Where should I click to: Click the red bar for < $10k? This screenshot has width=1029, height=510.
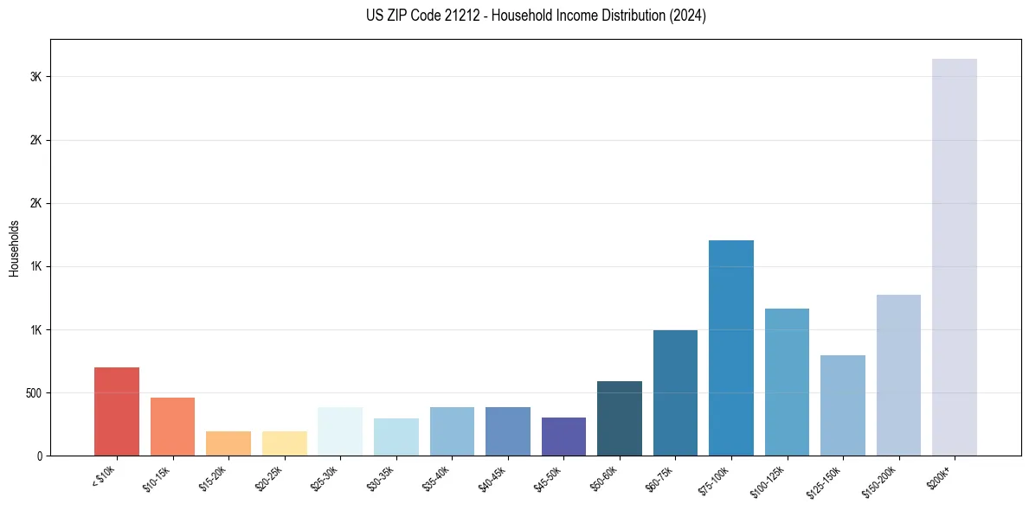click(116, 411)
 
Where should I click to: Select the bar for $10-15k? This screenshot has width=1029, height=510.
click(172, 426)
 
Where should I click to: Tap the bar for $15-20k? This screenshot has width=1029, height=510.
click(228, 443)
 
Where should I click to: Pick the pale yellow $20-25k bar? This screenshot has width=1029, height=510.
click(284, 443)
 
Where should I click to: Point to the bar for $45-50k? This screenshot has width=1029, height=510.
click(563, 437)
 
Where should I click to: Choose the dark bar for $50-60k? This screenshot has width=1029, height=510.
click(619, 418)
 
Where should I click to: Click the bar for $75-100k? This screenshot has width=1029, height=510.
click(730, 347)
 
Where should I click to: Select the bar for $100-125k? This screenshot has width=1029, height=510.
click(787, 382)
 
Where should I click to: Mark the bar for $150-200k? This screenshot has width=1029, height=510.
click(898, 375)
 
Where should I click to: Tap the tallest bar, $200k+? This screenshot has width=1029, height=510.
click(954, 257)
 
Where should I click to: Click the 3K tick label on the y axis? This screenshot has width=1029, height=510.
click(35, 77)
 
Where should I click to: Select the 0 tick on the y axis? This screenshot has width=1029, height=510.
click(40, 456)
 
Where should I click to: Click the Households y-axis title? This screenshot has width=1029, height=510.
click(14, 248)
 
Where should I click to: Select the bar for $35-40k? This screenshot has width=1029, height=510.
click(452, 431)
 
